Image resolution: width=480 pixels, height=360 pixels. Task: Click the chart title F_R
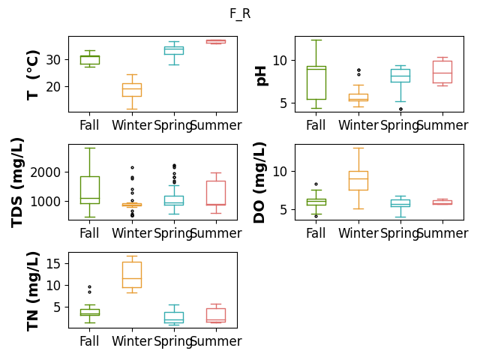pos(240,13)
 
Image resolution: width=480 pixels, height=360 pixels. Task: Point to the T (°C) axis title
pos(33,75)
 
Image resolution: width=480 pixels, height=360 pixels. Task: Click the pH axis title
pos(261,76)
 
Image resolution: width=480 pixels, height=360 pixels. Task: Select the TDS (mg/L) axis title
pos(16,183)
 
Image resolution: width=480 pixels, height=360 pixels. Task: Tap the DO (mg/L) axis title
pos(259,183)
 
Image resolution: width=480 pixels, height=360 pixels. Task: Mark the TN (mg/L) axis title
pos(33,292)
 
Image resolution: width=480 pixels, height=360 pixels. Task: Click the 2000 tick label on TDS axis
pos(45,172)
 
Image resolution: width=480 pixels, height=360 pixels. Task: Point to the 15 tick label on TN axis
pos(53,263)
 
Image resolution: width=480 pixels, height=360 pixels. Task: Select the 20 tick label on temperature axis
pos(53,87)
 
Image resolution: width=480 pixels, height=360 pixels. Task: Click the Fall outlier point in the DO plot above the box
pos(316,184)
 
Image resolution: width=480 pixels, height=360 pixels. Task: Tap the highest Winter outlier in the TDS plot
pos(132,168)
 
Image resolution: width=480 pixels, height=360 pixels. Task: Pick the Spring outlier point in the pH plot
pos(400,109)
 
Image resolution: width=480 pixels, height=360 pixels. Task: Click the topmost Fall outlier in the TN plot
pos(90,287)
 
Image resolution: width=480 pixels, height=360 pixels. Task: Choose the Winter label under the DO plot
pos(358,233)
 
